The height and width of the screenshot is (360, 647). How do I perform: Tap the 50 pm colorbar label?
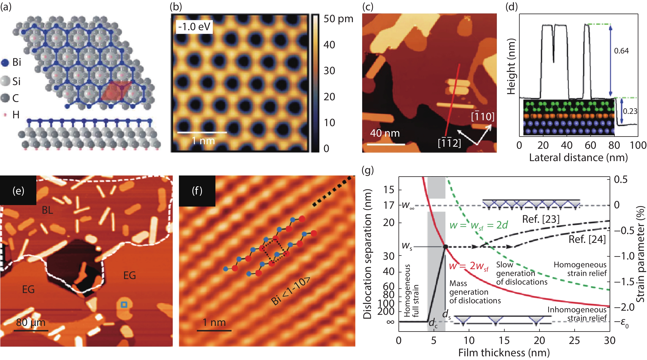click(338, 19)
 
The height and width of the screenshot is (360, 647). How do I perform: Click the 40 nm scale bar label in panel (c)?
click(385, 133)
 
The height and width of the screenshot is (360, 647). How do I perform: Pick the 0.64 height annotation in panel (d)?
click(621, 51)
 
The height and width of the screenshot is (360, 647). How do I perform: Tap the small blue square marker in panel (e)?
click(124, 305)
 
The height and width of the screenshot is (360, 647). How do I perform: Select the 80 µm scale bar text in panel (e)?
click(31, 322)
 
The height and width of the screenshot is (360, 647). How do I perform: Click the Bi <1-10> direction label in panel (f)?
click(291, 291)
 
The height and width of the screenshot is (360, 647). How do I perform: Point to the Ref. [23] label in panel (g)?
click(541, 219)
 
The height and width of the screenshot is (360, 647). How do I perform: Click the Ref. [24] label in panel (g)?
click(587, 239)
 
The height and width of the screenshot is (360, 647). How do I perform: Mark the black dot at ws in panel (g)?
click(445, 247)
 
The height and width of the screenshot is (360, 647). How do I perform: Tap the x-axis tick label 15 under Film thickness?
click(504, 341)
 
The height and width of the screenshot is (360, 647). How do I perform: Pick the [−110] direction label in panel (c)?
click(483, 117)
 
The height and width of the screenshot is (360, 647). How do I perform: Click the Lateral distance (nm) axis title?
click(578, 158)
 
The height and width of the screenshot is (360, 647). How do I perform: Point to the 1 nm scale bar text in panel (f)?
click(214, 322)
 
